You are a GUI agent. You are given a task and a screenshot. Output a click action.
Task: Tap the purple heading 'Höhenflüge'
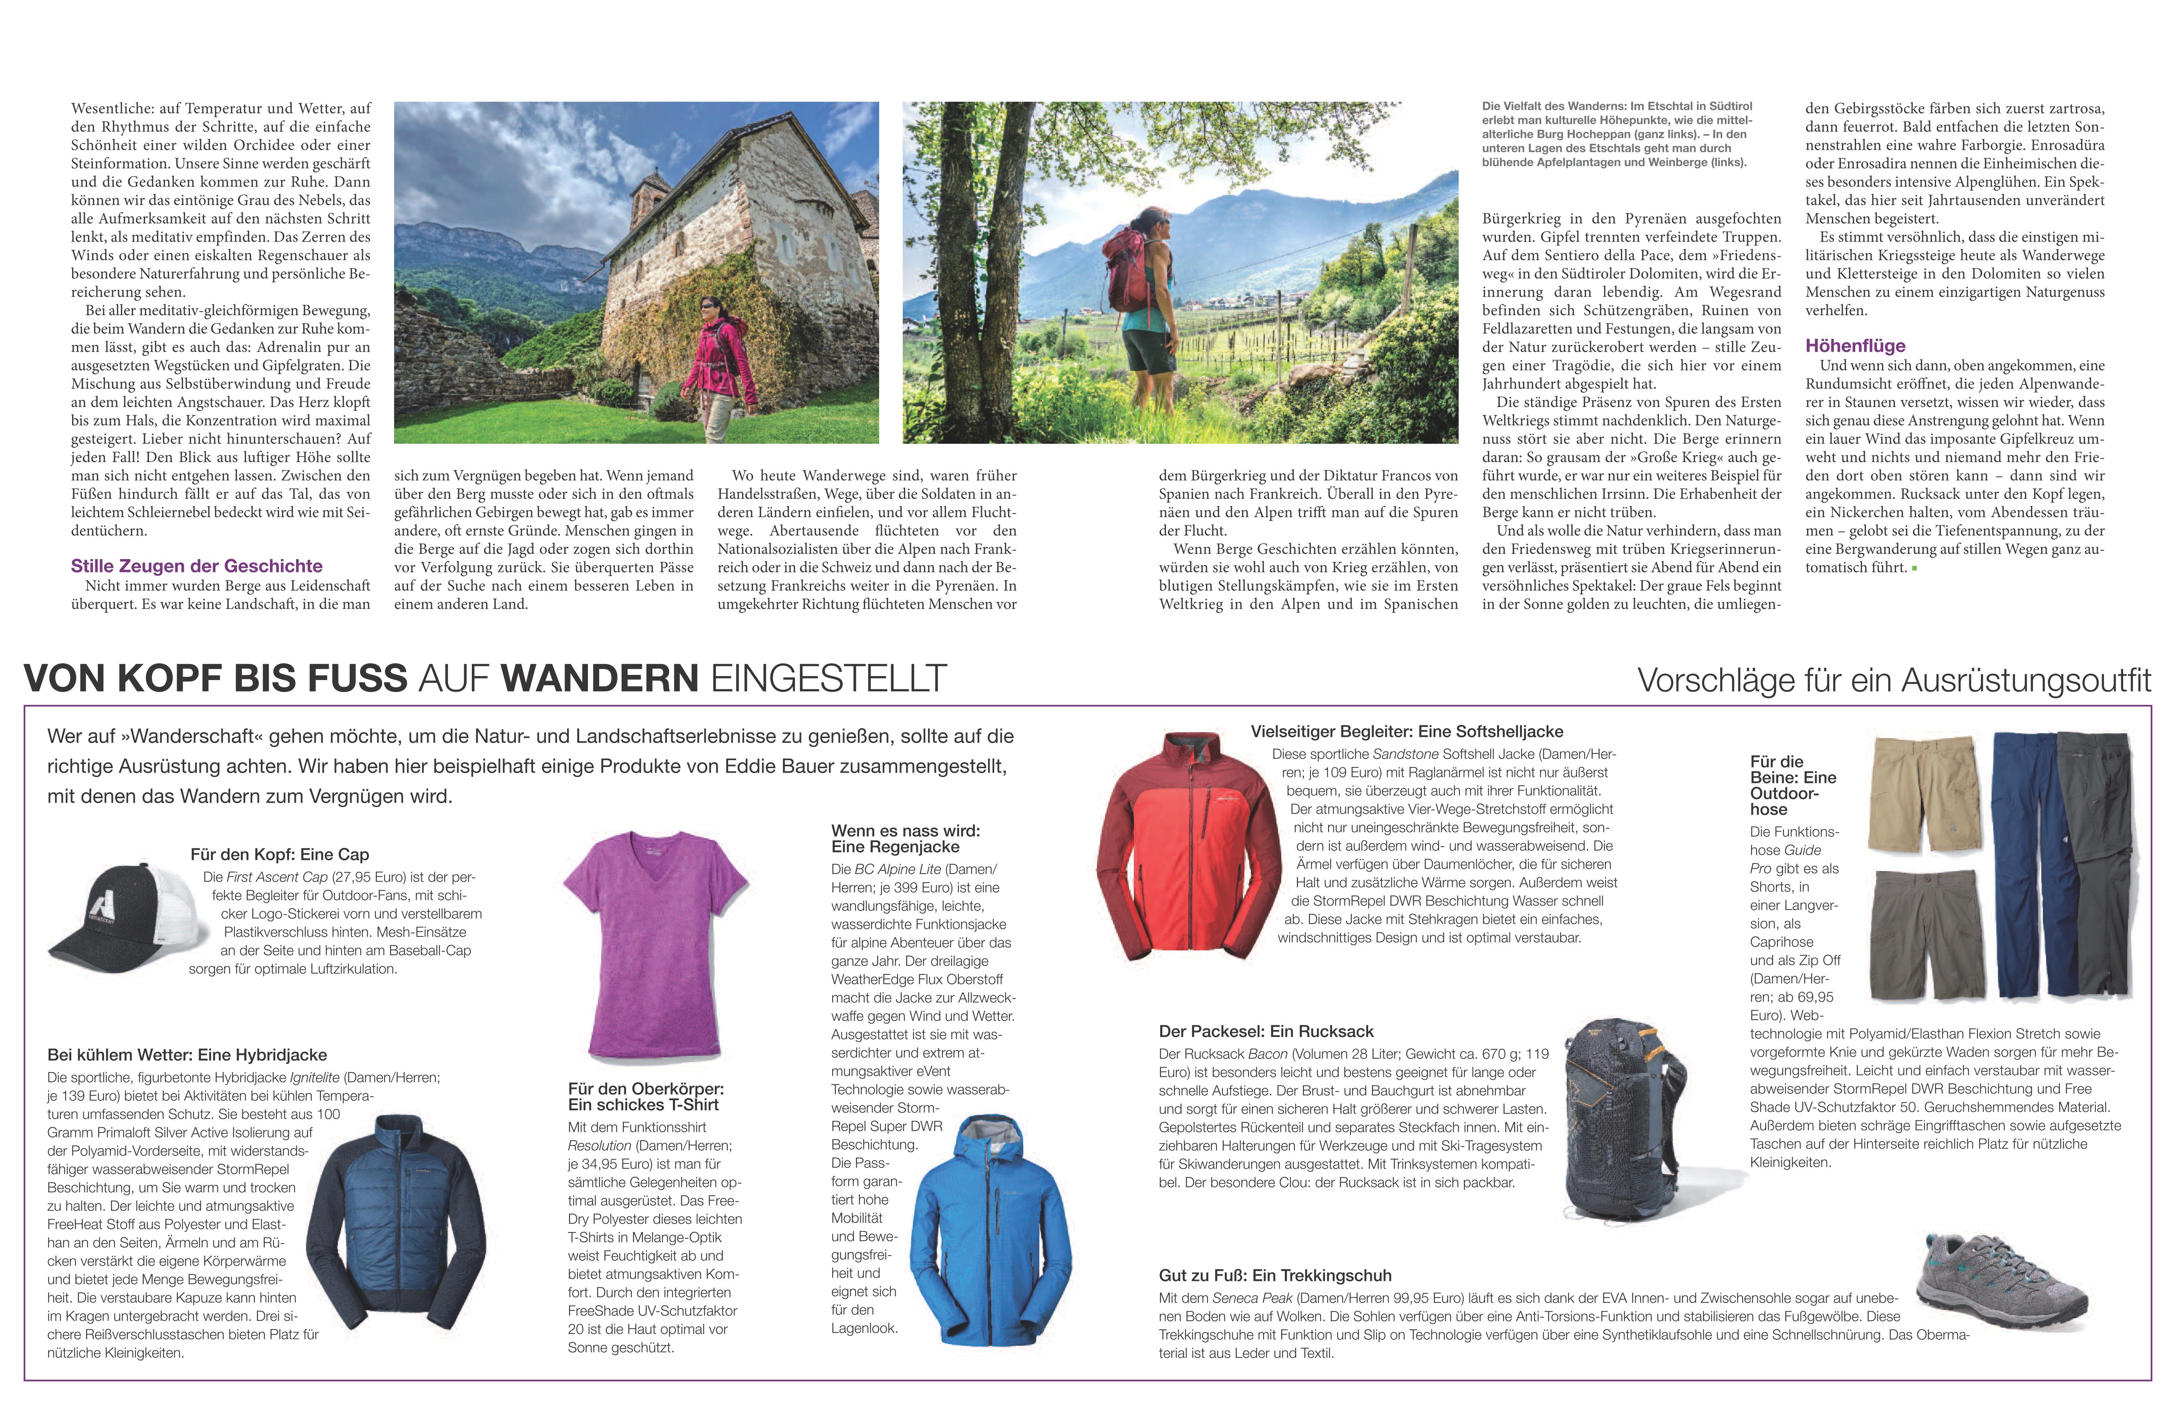[x=1855, y=346]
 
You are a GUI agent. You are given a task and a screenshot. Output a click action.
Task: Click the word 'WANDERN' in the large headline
[x=600, y=679]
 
